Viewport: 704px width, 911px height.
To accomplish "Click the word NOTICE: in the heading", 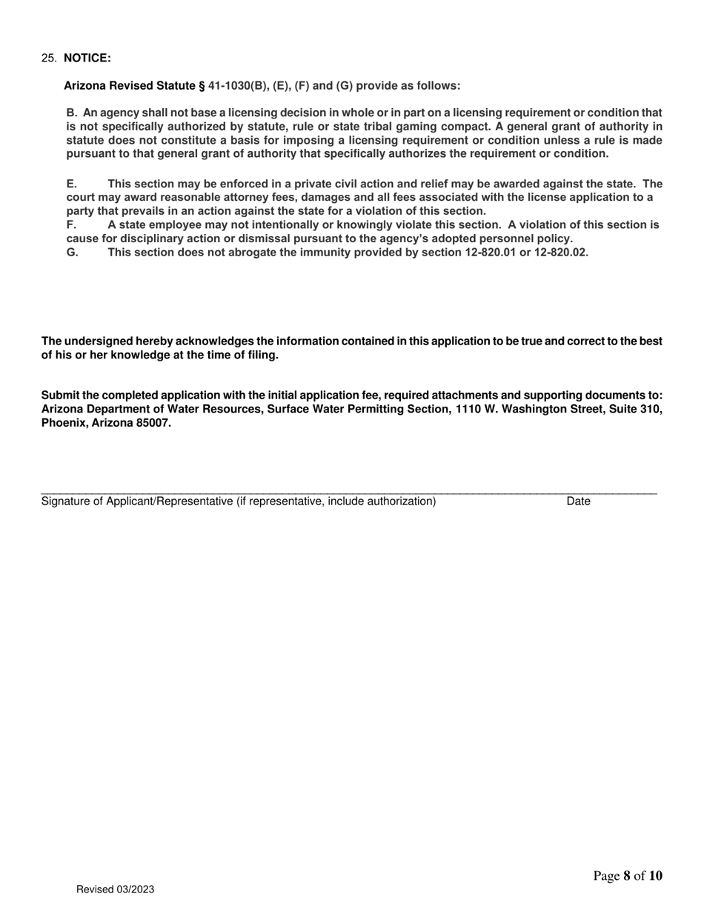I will [x=87, y=59].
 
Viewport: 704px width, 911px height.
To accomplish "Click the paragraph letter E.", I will [x=71, y=184].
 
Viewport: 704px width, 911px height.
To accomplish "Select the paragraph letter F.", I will [x=71, y=224].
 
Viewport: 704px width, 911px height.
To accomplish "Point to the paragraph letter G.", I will [x=72, y=252].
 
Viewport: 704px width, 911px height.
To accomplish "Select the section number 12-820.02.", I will [x=561, y=252].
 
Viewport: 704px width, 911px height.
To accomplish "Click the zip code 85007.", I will [x=153, y=424].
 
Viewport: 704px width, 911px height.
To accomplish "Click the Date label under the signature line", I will [x=578, y=501].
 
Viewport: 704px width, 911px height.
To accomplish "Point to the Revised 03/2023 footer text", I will [x=115, y=890].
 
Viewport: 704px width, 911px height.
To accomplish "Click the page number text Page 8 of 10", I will [x=628, y=877].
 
